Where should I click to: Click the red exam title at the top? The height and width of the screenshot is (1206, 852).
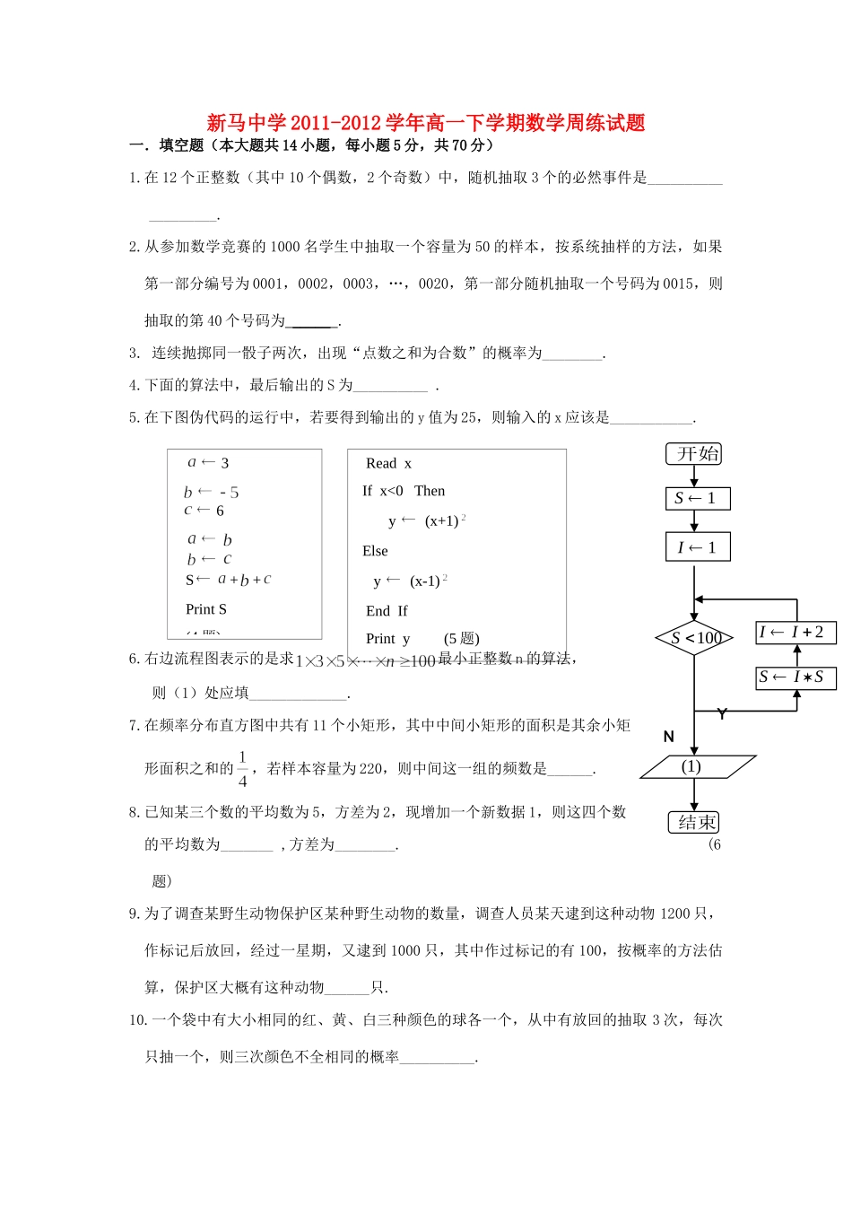click(x=426, y=123)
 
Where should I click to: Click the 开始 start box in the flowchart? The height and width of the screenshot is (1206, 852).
click(x=694, y=454)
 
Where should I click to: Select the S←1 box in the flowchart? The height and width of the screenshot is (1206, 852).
click(x=698, y=499)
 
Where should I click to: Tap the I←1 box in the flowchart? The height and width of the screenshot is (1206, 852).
click(x=698, y=547)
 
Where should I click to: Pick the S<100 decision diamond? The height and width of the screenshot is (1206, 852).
click(x=694, y=638)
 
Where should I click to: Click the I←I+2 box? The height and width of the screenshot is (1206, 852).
click(x=795, y=633)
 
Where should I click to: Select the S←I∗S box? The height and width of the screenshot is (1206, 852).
click(x=795, y=677)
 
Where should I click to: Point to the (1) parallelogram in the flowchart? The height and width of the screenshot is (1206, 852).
click(x=697, y=767)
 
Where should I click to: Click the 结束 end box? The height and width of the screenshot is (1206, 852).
click(x=694, y=822)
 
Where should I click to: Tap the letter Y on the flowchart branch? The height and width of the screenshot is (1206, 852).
click(x=722, y=714)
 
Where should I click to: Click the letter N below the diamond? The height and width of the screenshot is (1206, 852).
click(x=668, y=737)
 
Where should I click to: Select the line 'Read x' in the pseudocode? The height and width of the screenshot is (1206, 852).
click(x=388, y=464)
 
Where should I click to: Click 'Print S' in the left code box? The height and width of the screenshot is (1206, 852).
click(x=206, y=609)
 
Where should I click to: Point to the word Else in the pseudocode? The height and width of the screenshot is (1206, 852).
click(x=375, y=551)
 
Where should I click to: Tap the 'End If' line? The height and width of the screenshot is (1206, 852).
click(x=387, y=611)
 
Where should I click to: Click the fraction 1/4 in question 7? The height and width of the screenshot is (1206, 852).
click(x=242, y=769)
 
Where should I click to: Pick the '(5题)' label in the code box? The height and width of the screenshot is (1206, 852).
click(x=462, y=639)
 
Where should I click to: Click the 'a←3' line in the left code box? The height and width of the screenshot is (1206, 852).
click(x=208, y=463)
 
